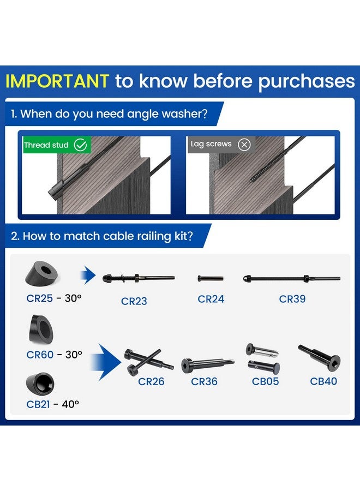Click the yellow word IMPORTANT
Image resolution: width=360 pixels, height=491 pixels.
pyautogui.click(x=57, y=81)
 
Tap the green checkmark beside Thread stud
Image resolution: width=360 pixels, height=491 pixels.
pyautogui.click(x=80, y=145)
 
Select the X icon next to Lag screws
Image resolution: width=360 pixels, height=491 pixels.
pyautogui.click(x=244, y=145)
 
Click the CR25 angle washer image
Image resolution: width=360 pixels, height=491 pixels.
pyautogui.click(x=41, y=273)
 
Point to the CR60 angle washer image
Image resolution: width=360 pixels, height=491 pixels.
pyautogui.click(x=41, y=329)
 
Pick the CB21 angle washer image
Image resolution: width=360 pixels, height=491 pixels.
pyautogui.click(x=40, y=384)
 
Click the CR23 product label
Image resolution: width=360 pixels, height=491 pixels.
pyautogui.click(x=134, y=301)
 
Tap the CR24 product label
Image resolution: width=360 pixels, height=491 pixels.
pyautogui.click(x=211, y=299)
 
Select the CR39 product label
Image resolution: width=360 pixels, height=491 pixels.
pyautogui.click(x=292, y=299)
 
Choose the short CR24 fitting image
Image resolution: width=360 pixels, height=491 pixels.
pyautogui.click(x=211, y=278)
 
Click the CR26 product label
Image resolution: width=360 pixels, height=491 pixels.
pyautogui.click(x=151, y=381)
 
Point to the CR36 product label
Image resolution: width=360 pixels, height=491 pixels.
pyautogui.click(x=204, y=381)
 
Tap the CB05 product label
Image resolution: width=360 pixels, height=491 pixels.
pyautogui.click(x=266, y=381)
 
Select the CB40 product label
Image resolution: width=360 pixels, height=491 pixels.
pyautogui.click(x=323, y=381)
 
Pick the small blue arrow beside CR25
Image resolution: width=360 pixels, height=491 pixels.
pyautogui.click(x=88, y=276)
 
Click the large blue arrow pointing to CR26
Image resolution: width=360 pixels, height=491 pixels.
pyautogui.click(x=106, y=362)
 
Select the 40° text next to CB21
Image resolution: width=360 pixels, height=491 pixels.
pyautogui.click(x=70, y=404)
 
